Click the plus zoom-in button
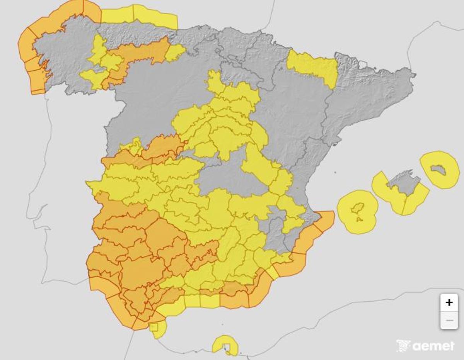pyautogui.click(x=449, y=302)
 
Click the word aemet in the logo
pyautogui.click(x=433, y=346)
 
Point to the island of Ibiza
pyautogui.click(x=358, y=208)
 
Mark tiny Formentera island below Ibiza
pyautogui.click(x=360, y=219)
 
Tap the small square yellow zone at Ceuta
pyautogui.click(x=154, y=328)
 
